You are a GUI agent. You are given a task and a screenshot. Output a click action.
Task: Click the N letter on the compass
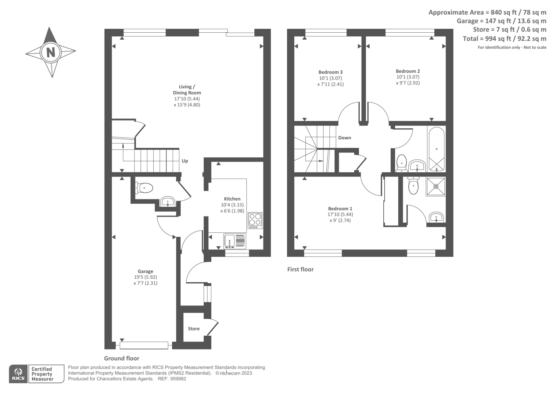point(51,52)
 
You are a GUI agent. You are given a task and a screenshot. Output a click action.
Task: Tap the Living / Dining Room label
point(187,90)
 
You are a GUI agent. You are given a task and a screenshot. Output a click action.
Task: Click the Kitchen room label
point(232,199)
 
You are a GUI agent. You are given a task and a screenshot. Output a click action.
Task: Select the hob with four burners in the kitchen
point(255,220)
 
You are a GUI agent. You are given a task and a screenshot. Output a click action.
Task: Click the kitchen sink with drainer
point(235,241)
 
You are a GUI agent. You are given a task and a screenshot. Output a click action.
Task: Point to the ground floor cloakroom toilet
point(144,188)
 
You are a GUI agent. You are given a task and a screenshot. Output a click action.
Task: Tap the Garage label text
point(145,271)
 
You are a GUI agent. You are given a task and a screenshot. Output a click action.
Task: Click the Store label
point(194,329)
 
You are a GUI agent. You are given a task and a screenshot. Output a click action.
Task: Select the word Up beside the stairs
point(185,161)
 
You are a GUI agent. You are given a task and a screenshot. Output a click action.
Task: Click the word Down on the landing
point(344,138)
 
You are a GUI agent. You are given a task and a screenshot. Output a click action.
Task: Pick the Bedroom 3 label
point(330,72)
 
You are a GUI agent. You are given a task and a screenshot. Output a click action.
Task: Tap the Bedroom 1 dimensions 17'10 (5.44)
point(340,214)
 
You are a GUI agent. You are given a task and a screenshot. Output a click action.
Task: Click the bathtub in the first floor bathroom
point(436,150)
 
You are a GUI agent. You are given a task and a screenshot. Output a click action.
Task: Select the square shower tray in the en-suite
point(436,187)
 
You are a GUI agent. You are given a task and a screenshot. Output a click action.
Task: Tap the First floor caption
point(300,269)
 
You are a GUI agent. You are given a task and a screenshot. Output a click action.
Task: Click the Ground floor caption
point(122,358)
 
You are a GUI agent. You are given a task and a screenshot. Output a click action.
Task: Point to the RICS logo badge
point(18,374)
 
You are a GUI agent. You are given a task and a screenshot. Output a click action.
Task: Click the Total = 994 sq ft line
point(504,39)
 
